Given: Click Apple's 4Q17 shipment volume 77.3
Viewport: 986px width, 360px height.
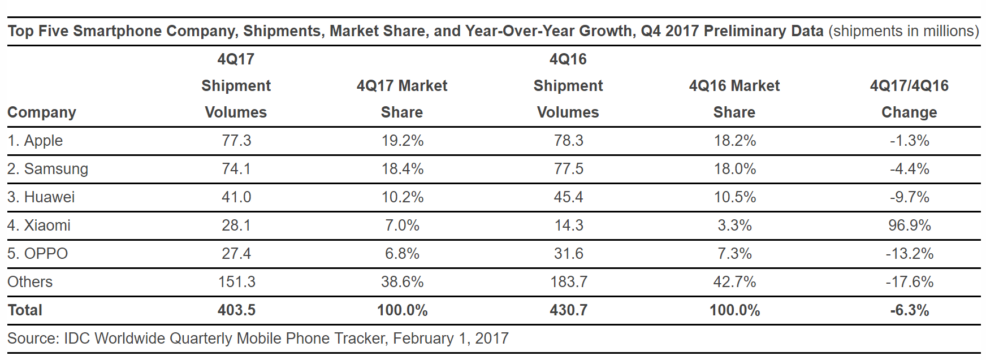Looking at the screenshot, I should click(x=236, y=141).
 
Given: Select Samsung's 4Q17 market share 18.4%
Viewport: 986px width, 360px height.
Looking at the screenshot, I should click(x=402, y=169).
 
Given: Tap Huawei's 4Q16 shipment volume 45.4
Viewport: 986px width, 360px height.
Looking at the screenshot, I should click(x=568, y=197).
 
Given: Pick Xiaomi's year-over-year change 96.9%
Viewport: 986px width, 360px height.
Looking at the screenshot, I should click(x=909, y=225).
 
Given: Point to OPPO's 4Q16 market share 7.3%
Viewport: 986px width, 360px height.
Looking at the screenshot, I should click(x=734, y=254).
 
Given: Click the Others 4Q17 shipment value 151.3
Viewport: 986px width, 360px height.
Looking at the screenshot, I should click(x=236, y=282).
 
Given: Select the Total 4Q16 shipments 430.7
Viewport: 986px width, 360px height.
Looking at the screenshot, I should click(x=568, y=310).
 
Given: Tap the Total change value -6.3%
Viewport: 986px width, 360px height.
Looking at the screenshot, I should click(x=909, y=310).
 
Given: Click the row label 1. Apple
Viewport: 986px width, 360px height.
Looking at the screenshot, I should click(x=35, y=141).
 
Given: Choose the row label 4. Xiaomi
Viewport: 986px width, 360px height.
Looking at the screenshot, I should click(x=39, y=225).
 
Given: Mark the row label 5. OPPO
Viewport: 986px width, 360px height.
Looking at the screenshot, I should click(x=37, y=254).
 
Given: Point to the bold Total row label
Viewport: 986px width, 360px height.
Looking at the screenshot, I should click(x=25, y=310).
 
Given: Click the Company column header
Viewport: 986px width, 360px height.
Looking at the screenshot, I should click(x=41, y=112).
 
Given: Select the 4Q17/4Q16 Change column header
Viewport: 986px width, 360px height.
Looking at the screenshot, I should click(x=909, y=99).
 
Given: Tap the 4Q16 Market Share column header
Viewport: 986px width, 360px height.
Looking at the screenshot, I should click(x=734, y=99).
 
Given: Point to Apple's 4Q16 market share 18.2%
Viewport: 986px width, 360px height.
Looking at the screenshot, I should click(x=734, y=141).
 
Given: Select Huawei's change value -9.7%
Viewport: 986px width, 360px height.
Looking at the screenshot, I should click(x=909, y=197).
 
